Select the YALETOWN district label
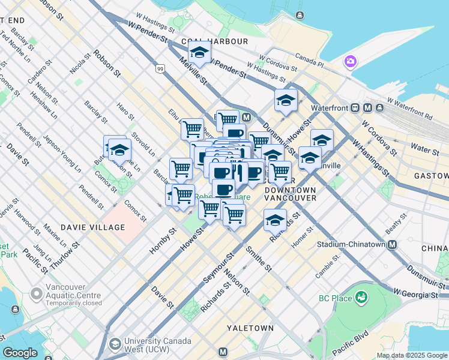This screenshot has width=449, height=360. [250, 328]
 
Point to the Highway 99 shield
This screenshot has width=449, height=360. [160, 70]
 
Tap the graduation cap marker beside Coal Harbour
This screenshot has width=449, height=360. [199, 53]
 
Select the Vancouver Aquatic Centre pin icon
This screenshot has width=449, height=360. [37, 294]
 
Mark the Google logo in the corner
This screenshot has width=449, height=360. [20, 353]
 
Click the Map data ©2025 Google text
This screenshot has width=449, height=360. [411, 355]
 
